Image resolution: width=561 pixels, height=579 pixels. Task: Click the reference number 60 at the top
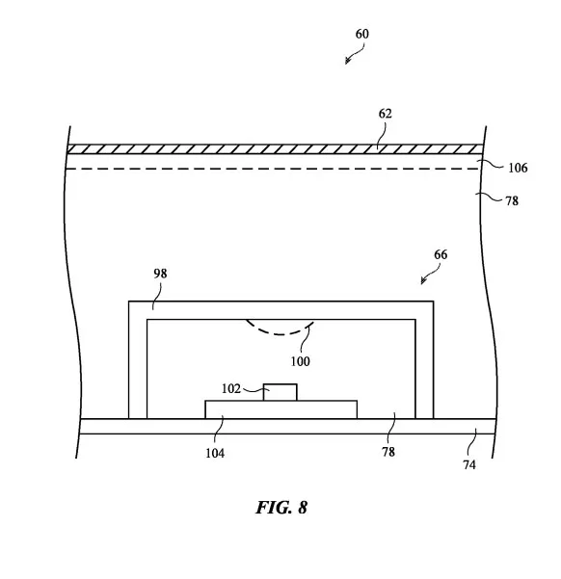(361, 34)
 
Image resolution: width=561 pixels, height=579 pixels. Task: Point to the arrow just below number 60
(355, 54)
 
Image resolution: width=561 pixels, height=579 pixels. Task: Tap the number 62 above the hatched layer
(385, 114)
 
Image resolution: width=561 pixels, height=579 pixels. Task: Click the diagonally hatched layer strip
(275, 149)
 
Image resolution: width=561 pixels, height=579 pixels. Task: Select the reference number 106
(518, 168)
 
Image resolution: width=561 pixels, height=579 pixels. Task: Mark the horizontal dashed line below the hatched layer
(273, 169)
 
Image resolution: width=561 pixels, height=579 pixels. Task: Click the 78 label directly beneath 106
(512, 201)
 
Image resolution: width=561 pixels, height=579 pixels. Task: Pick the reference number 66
(441, 254)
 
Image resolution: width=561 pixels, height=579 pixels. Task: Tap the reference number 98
(160, 274)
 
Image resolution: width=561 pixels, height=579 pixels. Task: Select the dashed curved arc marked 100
(280, 330)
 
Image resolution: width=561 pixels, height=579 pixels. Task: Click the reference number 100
(300, 361)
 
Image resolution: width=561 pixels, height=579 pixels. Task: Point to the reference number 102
(231, 388)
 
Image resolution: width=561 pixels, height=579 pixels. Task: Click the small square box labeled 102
(280, 392)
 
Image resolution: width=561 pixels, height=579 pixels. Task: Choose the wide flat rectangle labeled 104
(281, 409)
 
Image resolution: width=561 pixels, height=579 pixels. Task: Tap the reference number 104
(215, 453)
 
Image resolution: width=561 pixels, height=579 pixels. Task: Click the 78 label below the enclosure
(388, 452)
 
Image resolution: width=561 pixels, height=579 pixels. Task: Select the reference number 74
(469, 465)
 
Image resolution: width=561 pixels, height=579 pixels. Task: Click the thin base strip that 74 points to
(287, 427)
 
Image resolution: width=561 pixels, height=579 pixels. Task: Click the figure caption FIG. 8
(281, 508)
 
